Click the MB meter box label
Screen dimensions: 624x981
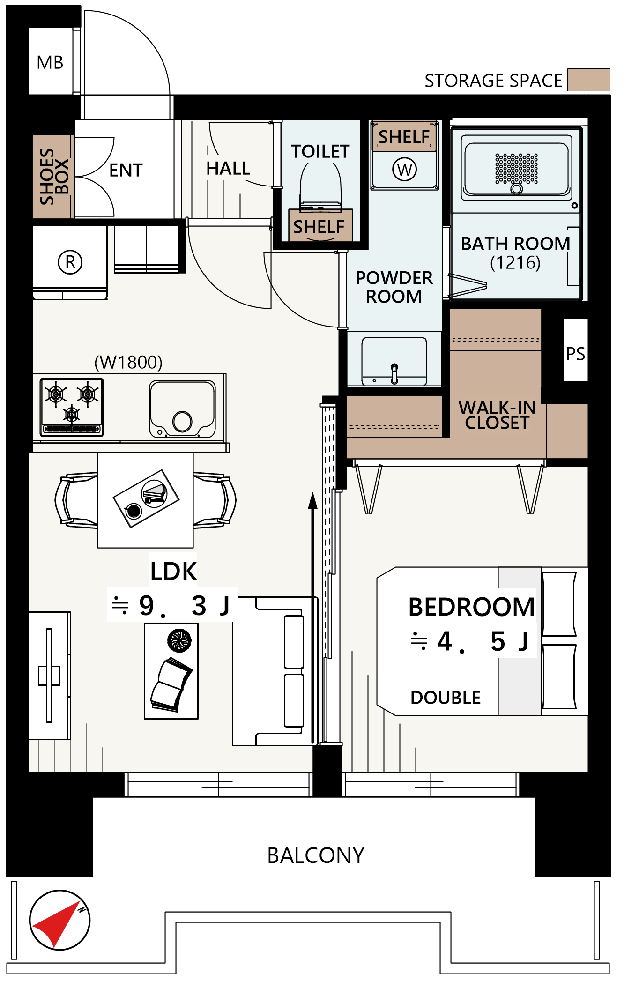click(x=50, y=62)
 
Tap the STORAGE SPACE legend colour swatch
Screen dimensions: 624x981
click(x=588, y=80)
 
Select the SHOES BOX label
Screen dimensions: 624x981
click(x=54, y=176)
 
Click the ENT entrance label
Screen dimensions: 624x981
click(x=126, y=170)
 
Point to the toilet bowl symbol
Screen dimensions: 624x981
click(x=320, y=186)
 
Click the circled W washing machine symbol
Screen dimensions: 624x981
click(x=405, y=169)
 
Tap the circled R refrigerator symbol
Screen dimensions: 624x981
click(x=70, y=262)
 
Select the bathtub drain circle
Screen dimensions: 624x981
click(x=517, y=188)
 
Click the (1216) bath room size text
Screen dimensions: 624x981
click(x=515, y=263)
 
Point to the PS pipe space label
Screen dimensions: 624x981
click(x=575, y=354)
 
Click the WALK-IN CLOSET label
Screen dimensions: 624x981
click(x=497, y=415)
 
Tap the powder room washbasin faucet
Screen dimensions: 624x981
click(x=394, y=373)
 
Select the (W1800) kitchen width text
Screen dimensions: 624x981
click(x=128, y=362)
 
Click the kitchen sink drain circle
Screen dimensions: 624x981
click(x=182, y=421)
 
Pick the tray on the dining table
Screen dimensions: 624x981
click(x=146, y=498)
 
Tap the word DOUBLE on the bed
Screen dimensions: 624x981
click(x=446, y=698)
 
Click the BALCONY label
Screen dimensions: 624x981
click(x=316, y=855)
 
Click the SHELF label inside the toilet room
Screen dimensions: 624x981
click(x=319, y=227)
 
